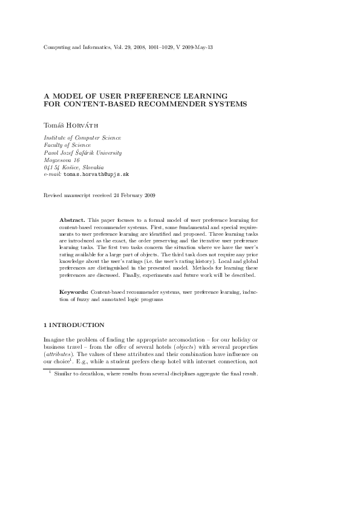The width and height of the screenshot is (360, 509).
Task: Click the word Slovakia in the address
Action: pyautogui.click(x=92, y=167)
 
